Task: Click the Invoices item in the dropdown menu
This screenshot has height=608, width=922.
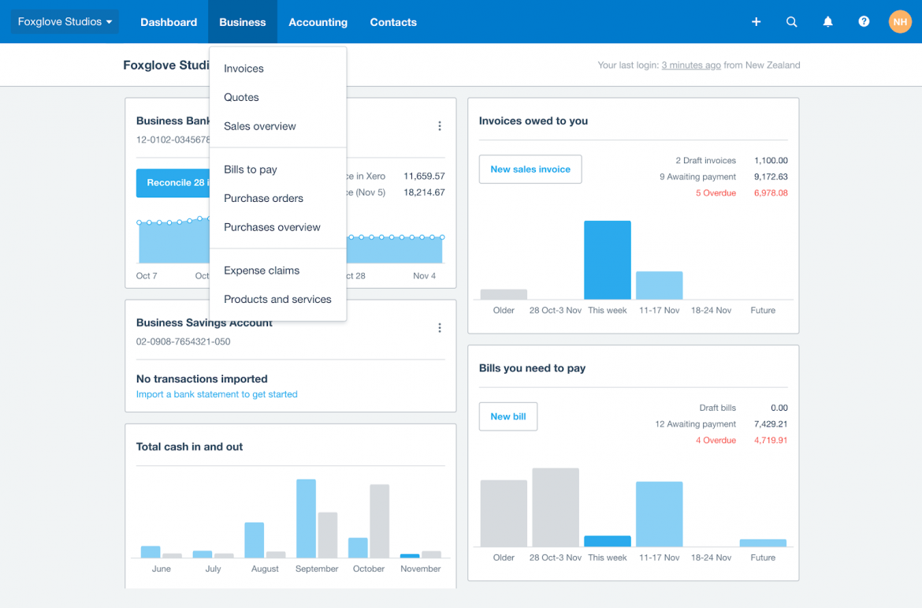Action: pos(244,69)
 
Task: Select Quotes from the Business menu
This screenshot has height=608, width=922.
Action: pos(241,97)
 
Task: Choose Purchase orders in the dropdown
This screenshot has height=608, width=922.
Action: pos(263,198)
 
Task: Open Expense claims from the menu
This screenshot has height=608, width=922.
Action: pos(262,270)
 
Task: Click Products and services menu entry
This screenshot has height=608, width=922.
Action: pos(277,299)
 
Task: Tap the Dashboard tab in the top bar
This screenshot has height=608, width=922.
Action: pos(169,22)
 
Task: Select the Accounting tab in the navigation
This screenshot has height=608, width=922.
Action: pos(318,22)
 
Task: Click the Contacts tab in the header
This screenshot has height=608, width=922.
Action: pos(393,22)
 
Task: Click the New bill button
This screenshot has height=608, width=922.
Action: pos(508,416)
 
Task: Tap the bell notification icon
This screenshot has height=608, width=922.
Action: pos(827,22)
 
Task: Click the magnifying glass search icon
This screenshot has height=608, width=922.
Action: pos(792,22)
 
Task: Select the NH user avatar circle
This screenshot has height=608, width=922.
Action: pos(900,22)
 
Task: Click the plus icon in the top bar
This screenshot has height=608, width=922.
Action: pos(756,22)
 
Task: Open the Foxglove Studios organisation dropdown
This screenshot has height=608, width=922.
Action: pos(65,22)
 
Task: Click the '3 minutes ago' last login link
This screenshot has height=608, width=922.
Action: pos(690,65)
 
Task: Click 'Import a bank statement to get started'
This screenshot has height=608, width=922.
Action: pos(217,394)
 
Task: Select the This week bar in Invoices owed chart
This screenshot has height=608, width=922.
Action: pos(607,260)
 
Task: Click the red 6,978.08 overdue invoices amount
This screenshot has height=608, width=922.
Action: pos(770,193)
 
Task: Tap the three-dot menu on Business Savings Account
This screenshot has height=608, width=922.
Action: pos(440,328)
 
